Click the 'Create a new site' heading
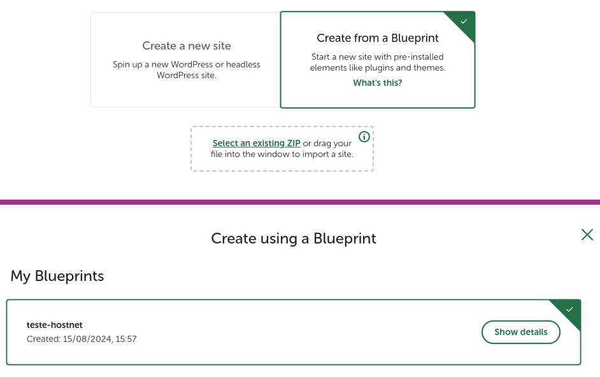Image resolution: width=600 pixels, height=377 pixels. pos(187,46)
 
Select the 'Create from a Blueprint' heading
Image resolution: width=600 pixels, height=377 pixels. pos(378,38)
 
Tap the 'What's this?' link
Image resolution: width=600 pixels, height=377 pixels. pos(378,83)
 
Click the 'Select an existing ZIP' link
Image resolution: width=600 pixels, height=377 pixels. pos(257,143)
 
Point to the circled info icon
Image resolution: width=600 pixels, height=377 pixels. pos(364,136)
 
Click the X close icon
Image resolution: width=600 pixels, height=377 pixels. pos(587,235)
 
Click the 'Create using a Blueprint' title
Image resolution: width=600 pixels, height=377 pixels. pos(294,238)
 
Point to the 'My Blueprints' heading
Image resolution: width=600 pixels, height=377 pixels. pos(57,276)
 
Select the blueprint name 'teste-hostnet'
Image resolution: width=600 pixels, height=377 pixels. pos(55,325)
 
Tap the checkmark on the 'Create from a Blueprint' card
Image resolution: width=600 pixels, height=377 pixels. pos(464,22)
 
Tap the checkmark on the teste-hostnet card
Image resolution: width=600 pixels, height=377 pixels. pos(570,310)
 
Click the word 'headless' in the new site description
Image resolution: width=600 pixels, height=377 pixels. pos(243,65)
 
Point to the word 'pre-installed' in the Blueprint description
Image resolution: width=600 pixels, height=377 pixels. pos(418,57)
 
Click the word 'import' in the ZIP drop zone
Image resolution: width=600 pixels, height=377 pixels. pos(315,154)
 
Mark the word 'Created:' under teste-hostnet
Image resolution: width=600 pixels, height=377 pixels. pos(43,339)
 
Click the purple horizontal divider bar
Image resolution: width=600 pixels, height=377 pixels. pos(300,202)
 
